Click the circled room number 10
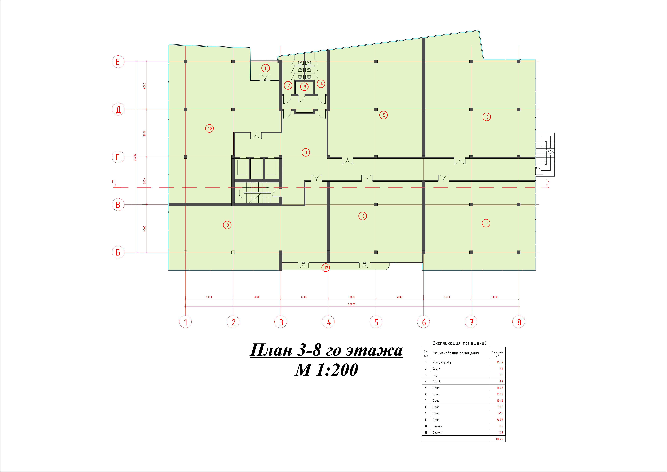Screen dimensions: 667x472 tap(209, 129)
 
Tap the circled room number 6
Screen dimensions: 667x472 tap(487, 117)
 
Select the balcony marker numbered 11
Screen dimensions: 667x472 tap(266, 68)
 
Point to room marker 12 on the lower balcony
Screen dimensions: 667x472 tap(326, 268)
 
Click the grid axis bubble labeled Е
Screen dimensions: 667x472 tap(118, 62)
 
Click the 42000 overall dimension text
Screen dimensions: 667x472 tap(352, 304)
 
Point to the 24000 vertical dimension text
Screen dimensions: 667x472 tap(135, 157)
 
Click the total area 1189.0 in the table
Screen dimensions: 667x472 tap(499, 439)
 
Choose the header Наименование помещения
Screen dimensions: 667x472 tap(456, 353)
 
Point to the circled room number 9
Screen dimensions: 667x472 tap(227, 225)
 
